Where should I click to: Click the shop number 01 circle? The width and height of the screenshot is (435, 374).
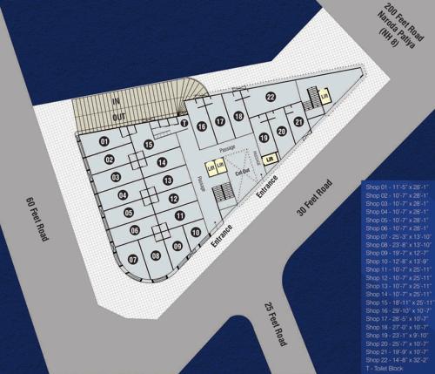coord(104,141)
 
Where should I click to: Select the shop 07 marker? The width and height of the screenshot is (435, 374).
coord(133,259)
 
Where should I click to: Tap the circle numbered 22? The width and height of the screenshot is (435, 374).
coord(271,97)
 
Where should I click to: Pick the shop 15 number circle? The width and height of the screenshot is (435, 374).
coord(149,145)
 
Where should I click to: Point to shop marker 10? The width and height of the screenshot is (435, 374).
coord(196,233)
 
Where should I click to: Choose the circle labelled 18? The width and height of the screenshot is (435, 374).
coord(239,119)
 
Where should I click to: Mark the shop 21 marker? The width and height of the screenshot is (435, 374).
coord(298,122)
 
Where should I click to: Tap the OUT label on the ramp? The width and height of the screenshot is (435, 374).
coord(117,115)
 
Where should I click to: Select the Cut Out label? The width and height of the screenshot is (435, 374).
coord(243,171)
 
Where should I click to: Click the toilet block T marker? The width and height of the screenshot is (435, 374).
coord(184,123)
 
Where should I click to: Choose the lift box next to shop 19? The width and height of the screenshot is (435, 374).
coord(270,159)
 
